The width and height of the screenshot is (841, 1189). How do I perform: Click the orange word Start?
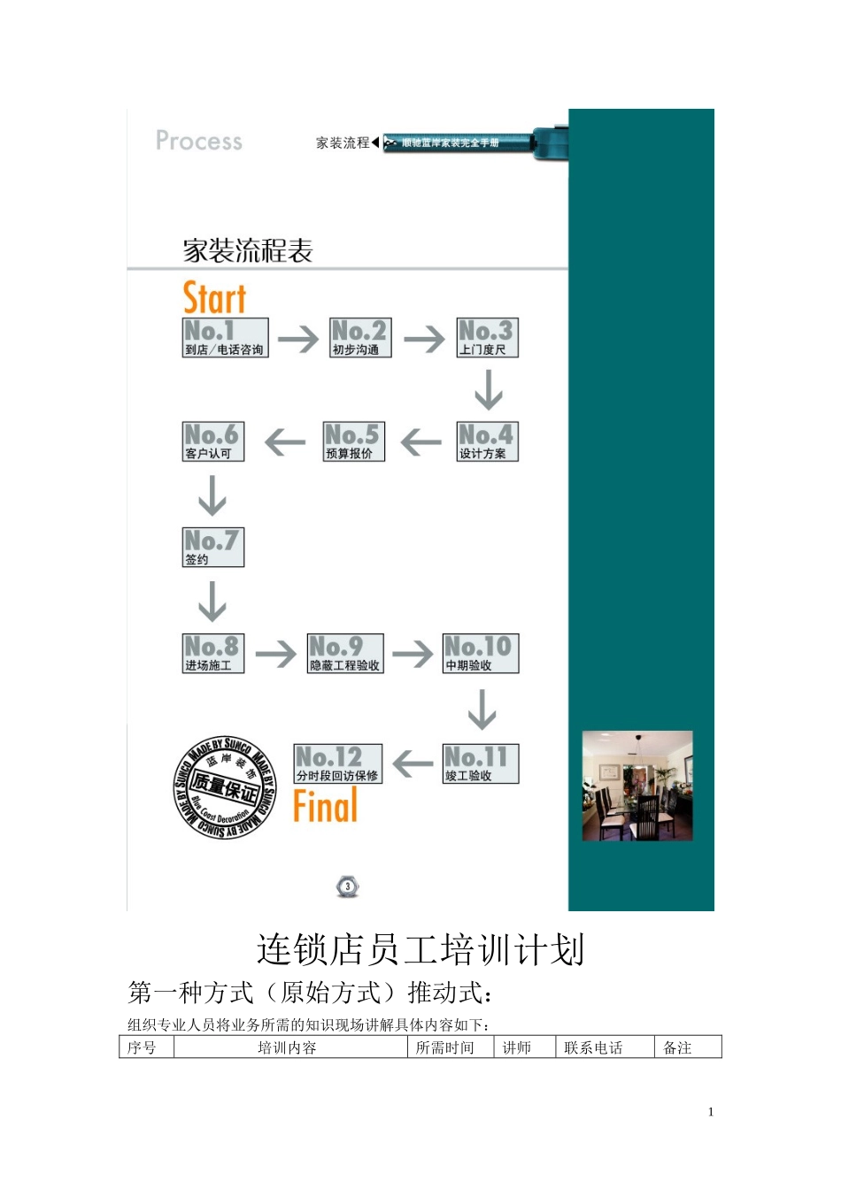pos(214,298)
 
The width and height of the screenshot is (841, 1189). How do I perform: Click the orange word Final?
pos(326,806)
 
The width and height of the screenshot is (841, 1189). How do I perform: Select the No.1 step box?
pos(225,338)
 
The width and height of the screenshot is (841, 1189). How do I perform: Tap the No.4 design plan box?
pos(487,441)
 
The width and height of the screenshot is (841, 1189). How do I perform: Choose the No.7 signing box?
pos(212,547)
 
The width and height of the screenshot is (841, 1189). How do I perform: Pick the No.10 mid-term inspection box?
pos(481,654)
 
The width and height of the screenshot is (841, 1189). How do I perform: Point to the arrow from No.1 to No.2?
pos(298,339)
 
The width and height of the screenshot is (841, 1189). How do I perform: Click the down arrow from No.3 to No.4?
pos(488,389)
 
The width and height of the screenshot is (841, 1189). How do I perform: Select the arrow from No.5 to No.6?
pos(285,441)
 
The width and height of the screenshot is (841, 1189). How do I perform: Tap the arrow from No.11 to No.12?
pos(413,763)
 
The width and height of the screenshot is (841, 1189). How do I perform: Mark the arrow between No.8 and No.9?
pos(276,654)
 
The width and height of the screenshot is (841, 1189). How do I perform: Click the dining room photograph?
pos(637,786)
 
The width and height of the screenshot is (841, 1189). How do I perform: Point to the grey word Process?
pos(199,141)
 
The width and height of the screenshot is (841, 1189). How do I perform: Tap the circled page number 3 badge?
pos(348,886)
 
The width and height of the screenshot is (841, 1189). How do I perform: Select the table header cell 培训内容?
pos(287,1047)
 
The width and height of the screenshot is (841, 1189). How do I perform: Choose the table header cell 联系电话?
pos(593,1047)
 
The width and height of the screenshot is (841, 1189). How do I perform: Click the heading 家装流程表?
pos(248,251)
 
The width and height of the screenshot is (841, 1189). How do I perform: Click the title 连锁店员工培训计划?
pos(420,950)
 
